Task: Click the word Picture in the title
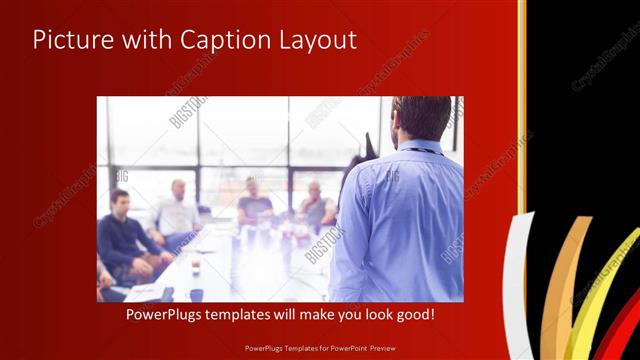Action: [67, 40]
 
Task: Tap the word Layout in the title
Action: [314, 40]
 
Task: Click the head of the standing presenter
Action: [421, 118]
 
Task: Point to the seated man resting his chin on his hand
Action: [316, 205]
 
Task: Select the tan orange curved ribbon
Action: [567, 290]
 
